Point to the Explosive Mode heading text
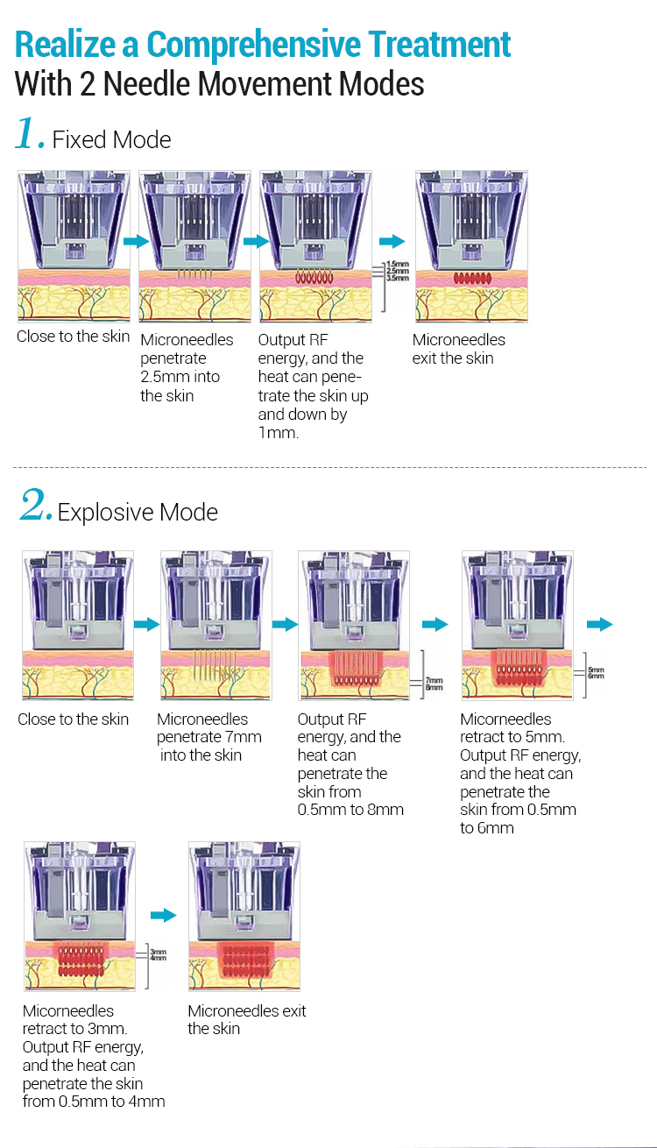(138, 512)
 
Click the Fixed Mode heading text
(111, 139)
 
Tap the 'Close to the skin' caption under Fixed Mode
(73, 337)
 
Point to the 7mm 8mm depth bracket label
(434, 684)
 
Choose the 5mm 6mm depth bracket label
(596, 672)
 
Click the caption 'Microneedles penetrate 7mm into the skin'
(208, 737)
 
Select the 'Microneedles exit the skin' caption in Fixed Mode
(458, 349)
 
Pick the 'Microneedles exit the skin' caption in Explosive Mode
(246, 1019)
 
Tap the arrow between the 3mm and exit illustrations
(163, 915)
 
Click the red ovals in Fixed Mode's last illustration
(472, 278)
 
